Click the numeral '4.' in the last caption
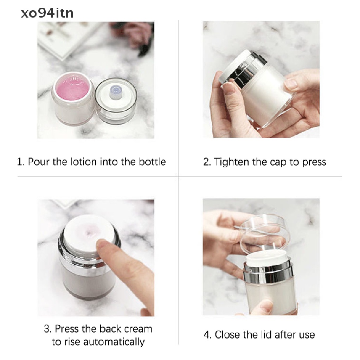208,334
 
